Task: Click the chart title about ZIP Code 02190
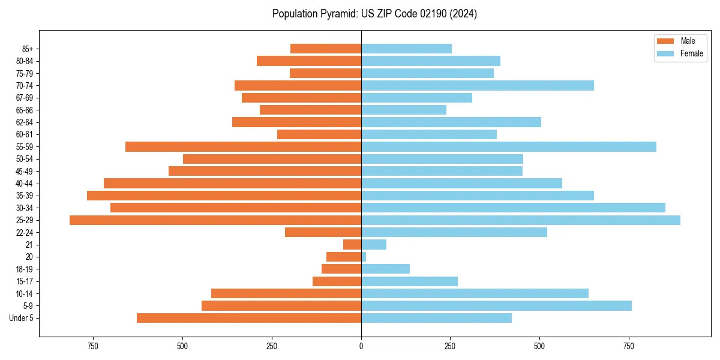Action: [x=374, y=14]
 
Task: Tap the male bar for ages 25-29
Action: [x=215, y=220]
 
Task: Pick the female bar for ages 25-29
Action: [x=521, y=220]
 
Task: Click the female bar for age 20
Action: [x=364, y=257]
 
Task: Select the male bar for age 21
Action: [x=352, y=245]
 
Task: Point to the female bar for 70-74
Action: [x=478, y=86]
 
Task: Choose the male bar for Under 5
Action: [x=249, y=318]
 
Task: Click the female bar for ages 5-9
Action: [x=496, y=306]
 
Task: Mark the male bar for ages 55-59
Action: [x=243, y=147]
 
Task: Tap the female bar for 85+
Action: [x=406, y=49]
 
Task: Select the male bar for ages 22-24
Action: [x=323, y=232]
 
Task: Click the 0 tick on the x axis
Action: [x=361, y=346]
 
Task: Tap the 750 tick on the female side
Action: [x=629, y=346]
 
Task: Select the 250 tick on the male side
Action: [x=272, y=346]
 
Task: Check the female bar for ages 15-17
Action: [x=409, y=281]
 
